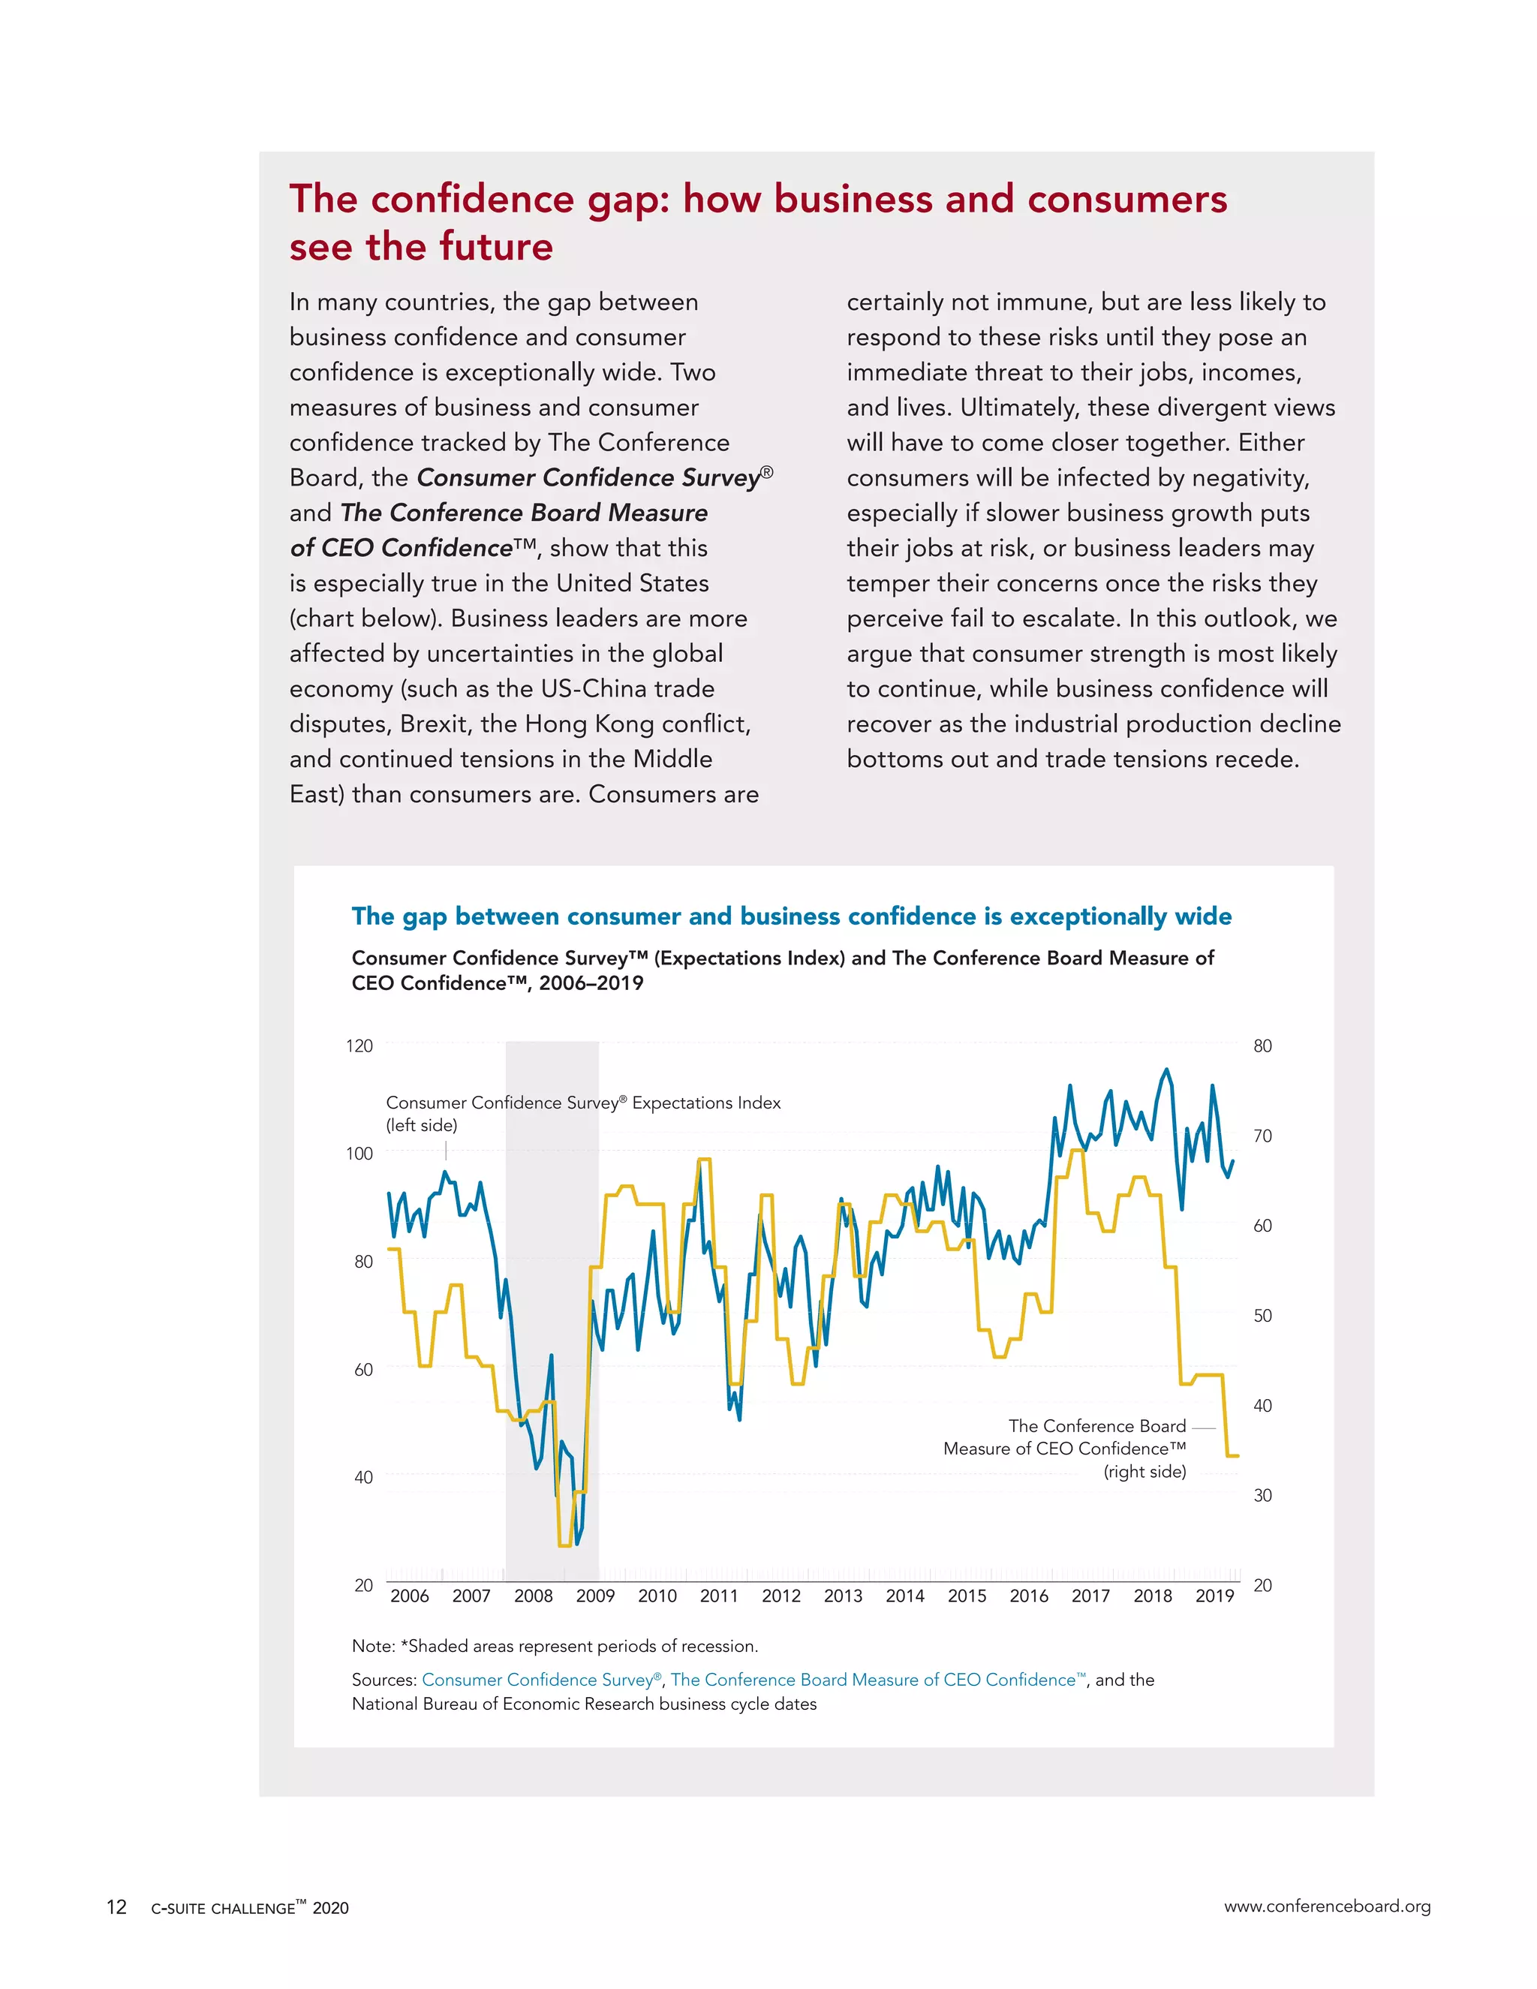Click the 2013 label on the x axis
click(x=842, y=1596)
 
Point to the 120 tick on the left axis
click(x=359, y=1046)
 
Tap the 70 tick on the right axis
click(x=1262, y=1136)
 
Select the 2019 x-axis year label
click(x=1215, y=1596)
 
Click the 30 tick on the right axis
click(x=1262, y=1495)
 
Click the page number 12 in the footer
click(x=116, y=1907)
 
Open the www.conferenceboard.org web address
click(x=1327, y=1906)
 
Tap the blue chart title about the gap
click(x=791, y=916)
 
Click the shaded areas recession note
click(x=555, y=1646)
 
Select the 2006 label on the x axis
click(x=409, y=1596)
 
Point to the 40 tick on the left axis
click(x=362, y=1477)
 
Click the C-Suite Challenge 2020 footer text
click(x=249, y=1908)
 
